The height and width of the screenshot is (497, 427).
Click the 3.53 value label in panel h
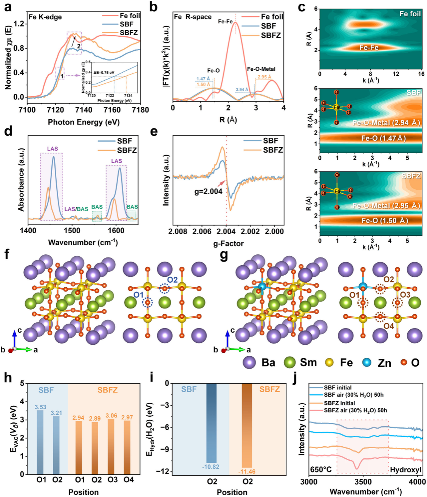click(x=40, y=407)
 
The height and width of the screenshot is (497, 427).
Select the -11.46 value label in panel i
click(x=247, y=472)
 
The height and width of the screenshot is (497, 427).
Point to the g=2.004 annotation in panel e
click(x=208, y=192)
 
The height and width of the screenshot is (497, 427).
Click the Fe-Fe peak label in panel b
click(x=225, y=22)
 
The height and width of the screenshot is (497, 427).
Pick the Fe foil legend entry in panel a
click(x=130, y=16)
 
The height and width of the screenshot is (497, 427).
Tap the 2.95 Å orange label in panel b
click(x=264, y=77)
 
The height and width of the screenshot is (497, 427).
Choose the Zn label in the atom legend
click(x=384, y=363)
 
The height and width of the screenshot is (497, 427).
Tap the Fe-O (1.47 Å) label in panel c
click(x=383, y=138)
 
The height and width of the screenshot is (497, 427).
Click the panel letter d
click(x=8, y=131)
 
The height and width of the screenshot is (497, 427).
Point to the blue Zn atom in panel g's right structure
click(x=363, y=287)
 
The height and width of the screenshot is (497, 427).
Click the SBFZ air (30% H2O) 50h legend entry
click(x=355, y=410)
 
